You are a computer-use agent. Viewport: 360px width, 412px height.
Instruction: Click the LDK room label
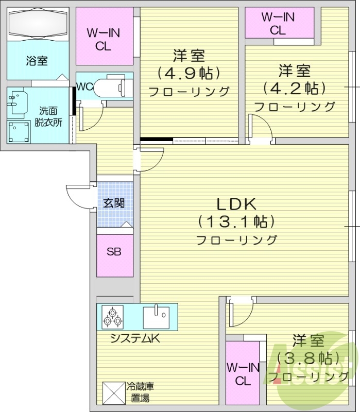click(236, 204)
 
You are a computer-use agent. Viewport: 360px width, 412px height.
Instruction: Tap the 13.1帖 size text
click(236, 222)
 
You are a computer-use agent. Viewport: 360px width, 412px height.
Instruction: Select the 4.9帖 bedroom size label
click(189, 73)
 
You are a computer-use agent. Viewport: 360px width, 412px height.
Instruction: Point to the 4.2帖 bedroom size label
click(294, 88)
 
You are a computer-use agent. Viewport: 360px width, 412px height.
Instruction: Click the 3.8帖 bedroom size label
click(308, 357)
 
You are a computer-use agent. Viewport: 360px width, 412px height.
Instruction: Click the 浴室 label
click(37, 60)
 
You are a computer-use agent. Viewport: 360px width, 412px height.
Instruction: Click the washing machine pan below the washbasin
click(19, 131)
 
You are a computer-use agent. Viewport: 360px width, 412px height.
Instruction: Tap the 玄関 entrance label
click(114, 203)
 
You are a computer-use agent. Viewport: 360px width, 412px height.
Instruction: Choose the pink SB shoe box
click(114, 253)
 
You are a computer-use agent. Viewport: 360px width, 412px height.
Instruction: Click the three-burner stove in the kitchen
click(112, 317)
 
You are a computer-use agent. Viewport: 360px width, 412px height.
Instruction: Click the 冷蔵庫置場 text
click(140, 391)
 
